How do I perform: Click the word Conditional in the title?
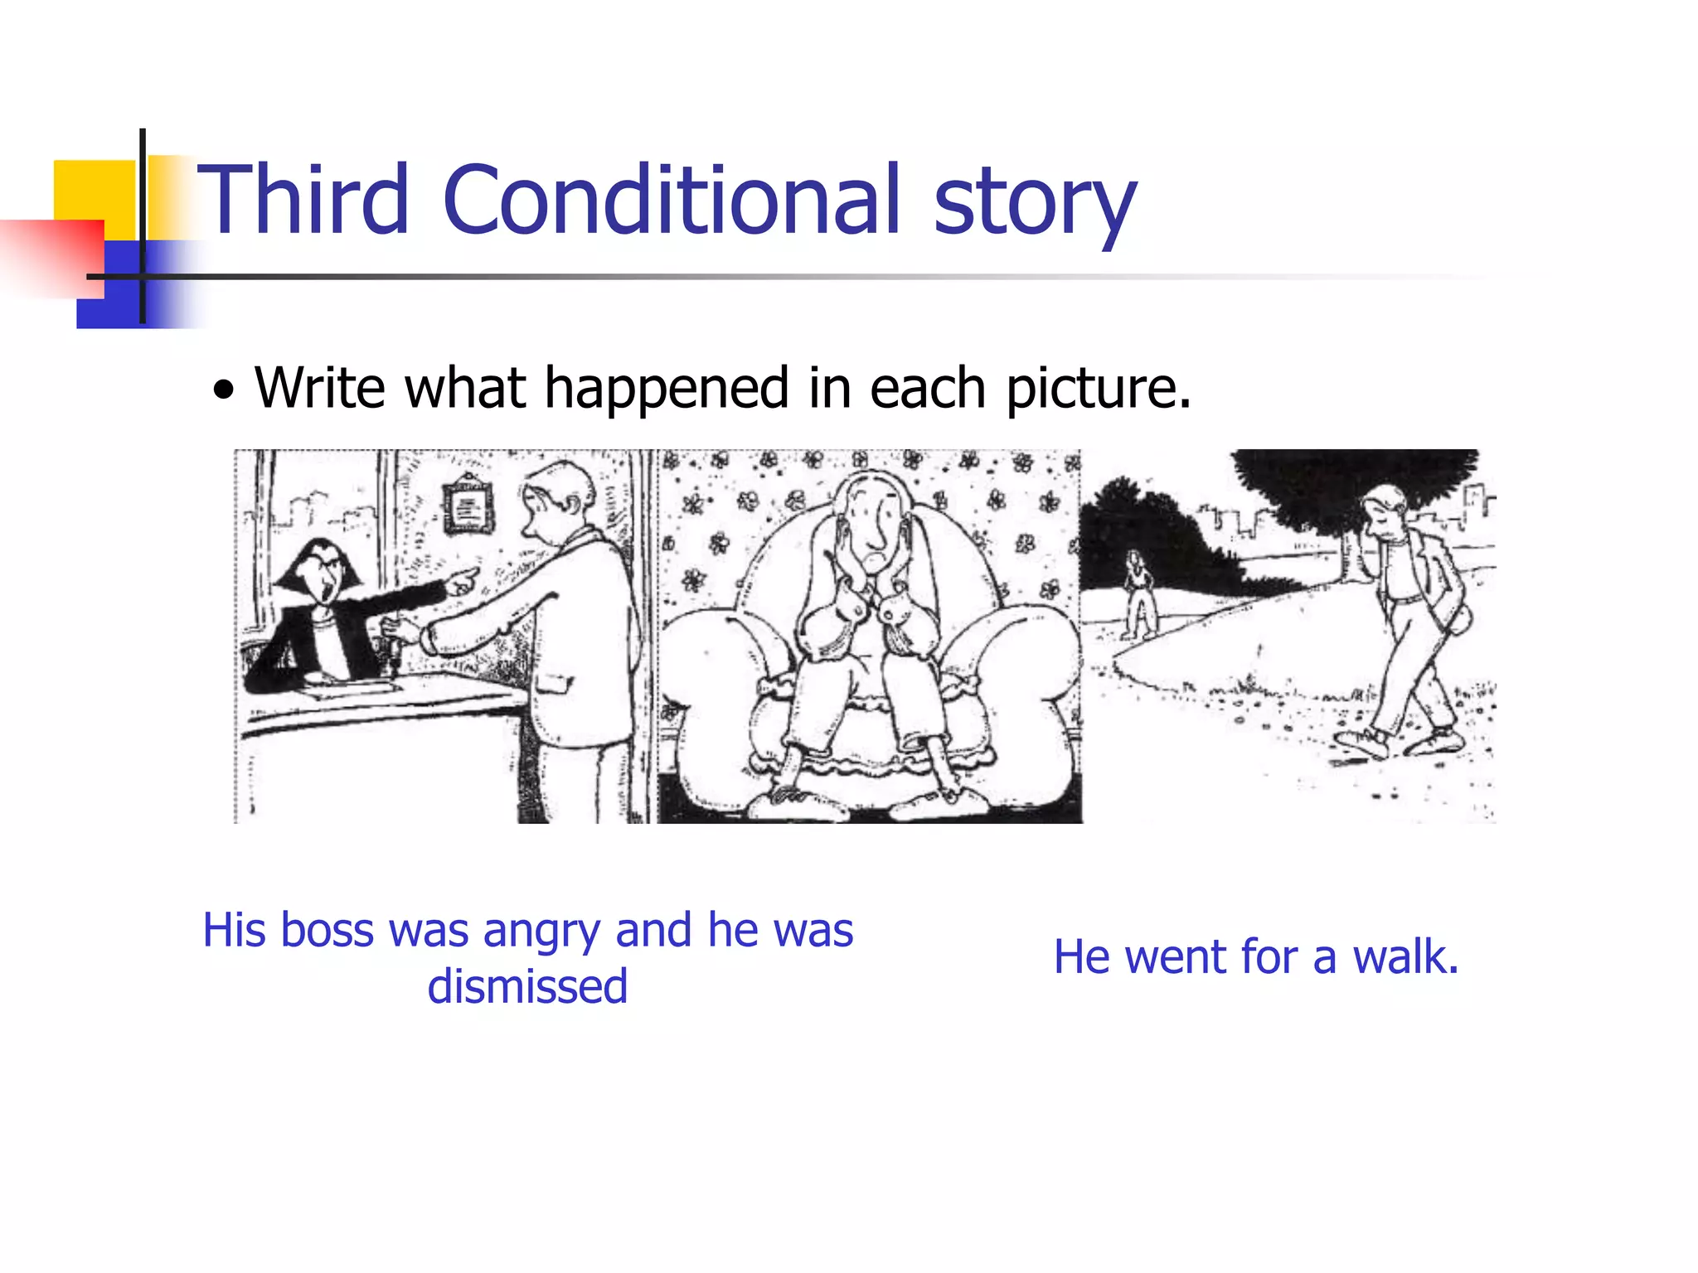[x=671, y=199]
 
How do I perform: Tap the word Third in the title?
[x=303, y=199]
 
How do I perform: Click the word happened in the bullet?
[x=667, y=388]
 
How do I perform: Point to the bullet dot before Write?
[x=223, y=390]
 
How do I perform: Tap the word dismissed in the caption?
[x=527, y=986]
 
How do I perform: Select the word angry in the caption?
[x=541, y=932]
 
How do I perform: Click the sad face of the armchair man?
[x=871, y=530]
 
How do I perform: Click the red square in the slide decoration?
[x=58, y=257]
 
